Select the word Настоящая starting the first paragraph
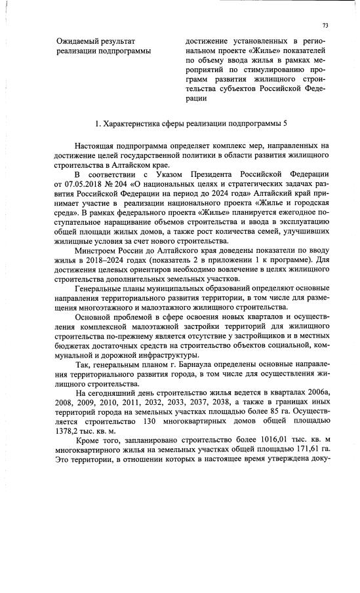point(97,143)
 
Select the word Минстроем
point(98,252)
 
